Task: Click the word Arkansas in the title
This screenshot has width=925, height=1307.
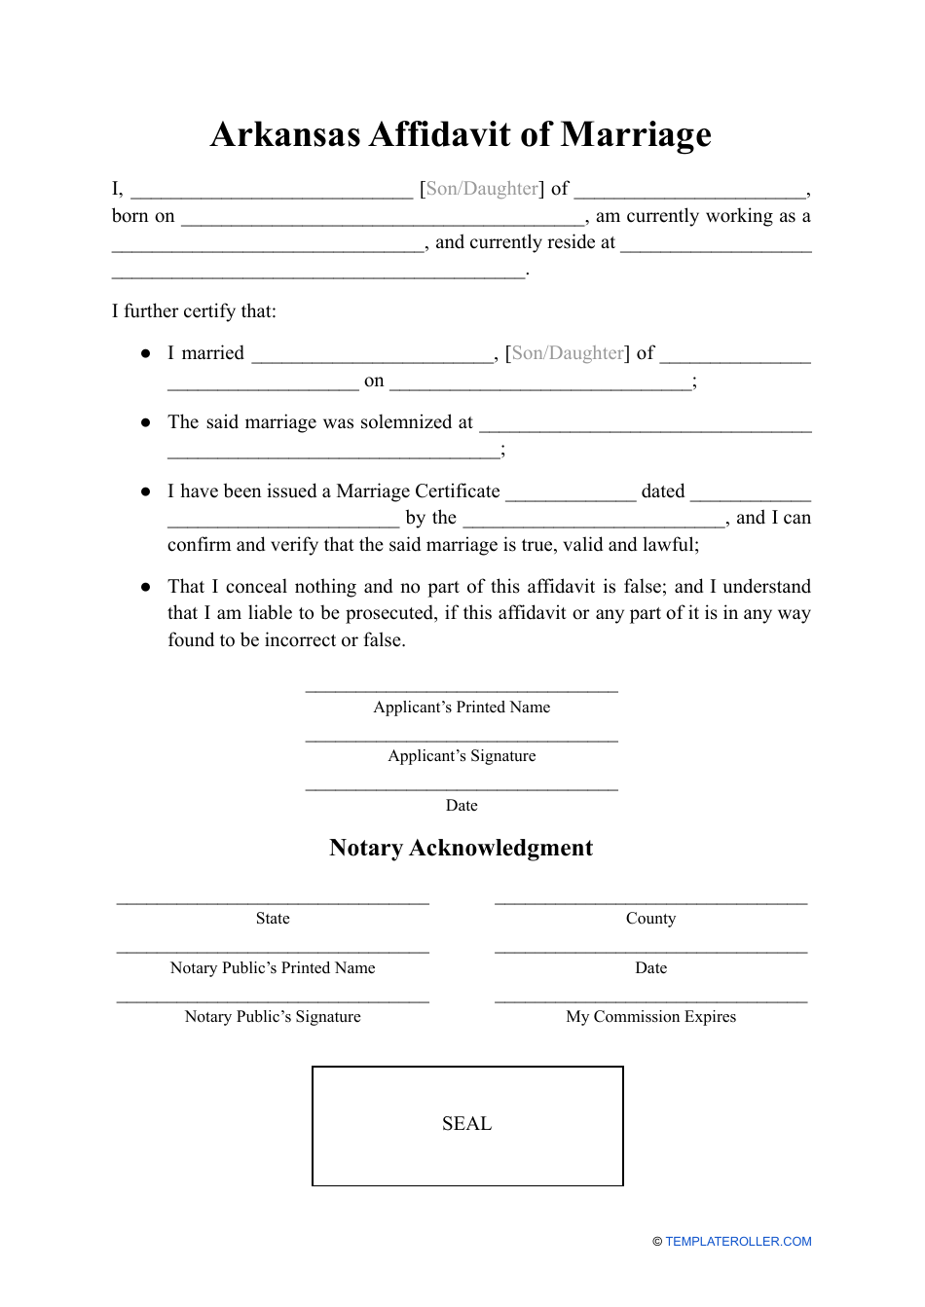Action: (285, 134)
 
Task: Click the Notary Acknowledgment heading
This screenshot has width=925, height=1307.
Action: (461, 848)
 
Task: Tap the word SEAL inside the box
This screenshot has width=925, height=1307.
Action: (466, 1124)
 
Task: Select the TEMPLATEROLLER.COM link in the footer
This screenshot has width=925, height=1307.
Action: (738, 1241)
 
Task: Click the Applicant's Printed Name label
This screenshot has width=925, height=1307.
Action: (462, 708)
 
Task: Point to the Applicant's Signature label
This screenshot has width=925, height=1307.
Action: (462, 756)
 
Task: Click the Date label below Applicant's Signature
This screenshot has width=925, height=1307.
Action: (462, 806)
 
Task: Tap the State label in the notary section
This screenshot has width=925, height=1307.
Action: (273, 919)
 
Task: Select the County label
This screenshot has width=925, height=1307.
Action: (650, 919)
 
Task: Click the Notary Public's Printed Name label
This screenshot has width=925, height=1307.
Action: (273, 968)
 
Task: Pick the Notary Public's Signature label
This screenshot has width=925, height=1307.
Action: (273, 1017)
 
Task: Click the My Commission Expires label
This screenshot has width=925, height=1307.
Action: (650, 1017)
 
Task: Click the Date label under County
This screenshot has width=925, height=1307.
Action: (650, 968)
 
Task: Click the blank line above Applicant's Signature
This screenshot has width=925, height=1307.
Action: (462, 741)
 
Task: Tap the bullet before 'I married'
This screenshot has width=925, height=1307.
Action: (146, 353)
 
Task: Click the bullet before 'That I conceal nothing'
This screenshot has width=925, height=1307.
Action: (146, 587)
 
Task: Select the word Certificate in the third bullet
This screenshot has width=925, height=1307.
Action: (461, 491)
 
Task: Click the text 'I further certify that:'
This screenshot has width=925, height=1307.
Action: (194, 311)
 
